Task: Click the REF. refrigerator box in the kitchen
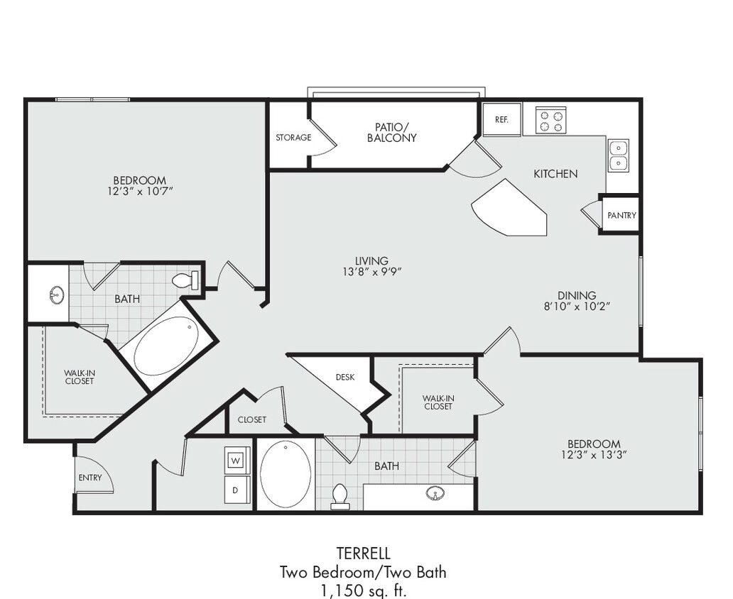pyautogui.click(x=501, y=119)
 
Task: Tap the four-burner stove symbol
pyautogui.click(x=550, y=120)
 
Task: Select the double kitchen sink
pyautogui.click(x=617, y=155)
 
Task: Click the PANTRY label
pyautogui.click(x=621, y=216)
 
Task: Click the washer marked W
pyautogui.click(x=237, y=460)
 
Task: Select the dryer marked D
pyautogui.click(x=237, y=490)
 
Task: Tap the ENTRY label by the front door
pyautogui.click(x=90, y=478)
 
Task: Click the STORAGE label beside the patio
pyautogui.click(x=293, y=138)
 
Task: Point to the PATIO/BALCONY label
pyautogui.click(x=391, y=133)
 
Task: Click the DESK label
pyautogui.click(x=345, y=378)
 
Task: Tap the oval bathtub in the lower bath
pyautogui.click(x=286, y=474)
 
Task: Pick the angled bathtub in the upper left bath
pyautogui.click(x=167, y=346)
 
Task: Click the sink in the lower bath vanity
pyautogui.click(x=435, y=493)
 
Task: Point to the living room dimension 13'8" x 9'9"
pyautogui.click(x=372, y=271)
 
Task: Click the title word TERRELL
pyautogui.click(x=363, y=554)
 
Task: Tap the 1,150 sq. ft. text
pyautogui.click(x=363, y=589)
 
